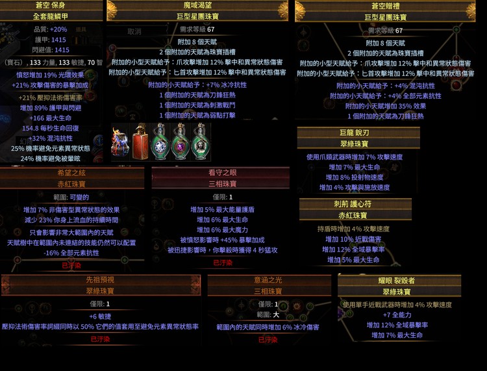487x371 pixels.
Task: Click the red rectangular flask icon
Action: tap(141, 140)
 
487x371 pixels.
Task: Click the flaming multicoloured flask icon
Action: tap(120, 140)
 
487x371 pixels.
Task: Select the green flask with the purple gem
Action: tap(160, 140)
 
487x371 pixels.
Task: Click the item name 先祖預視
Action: tap(99, 280)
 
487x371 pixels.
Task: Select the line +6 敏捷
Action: tap(99, 316)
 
